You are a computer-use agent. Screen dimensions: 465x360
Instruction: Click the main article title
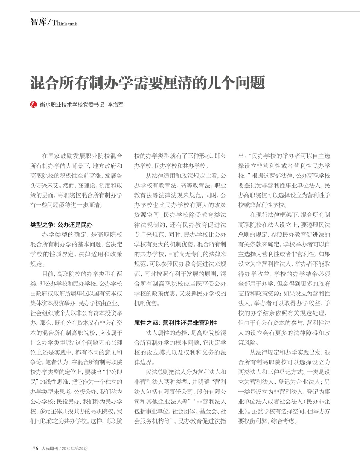coord(147,83)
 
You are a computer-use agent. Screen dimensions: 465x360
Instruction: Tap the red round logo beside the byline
coord(34,104)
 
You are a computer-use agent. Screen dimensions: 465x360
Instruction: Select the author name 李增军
coord(115,105)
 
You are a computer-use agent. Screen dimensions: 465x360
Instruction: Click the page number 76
coord(35,448)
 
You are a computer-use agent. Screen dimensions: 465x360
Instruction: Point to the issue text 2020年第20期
coord(75,449)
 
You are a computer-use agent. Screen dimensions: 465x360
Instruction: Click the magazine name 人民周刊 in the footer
coord(49,449)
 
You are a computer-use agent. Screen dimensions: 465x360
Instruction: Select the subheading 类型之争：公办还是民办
coord(61,225)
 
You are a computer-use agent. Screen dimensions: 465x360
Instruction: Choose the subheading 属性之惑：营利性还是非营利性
coord(175,323)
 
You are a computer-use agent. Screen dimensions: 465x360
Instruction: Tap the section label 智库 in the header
coord(38,22)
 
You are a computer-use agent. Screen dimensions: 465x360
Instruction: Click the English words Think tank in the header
coord(64,23)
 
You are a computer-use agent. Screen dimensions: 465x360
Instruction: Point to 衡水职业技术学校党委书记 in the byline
coord(72,105)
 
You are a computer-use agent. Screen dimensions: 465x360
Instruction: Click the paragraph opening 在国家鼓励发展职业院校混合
coord(82,156)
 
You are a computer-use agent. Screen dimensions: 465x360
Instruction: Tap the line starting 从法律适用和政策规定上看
coord(186,176)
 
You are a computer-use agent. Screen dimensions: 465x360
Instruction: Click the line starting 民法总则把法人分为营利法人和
coord(186,372)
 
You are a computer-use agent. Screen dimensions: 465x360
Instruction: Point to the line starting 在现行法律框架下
coord(290,215)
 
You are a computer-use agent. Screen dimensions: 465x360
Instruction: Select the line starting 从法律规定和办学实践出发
coord(290,352)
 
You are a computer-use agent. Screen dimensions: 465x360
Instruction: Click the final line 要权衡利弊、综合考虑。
coord(268,421)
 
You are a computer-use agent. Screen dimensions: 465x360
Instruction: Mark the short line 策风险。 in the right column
coord(248,342)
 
